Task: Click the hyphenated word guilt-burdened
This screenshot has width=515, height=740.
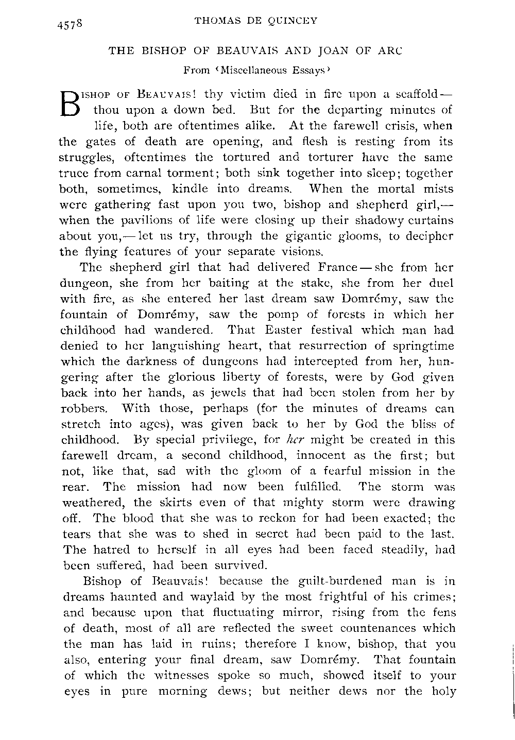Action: tap(335, 581)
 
